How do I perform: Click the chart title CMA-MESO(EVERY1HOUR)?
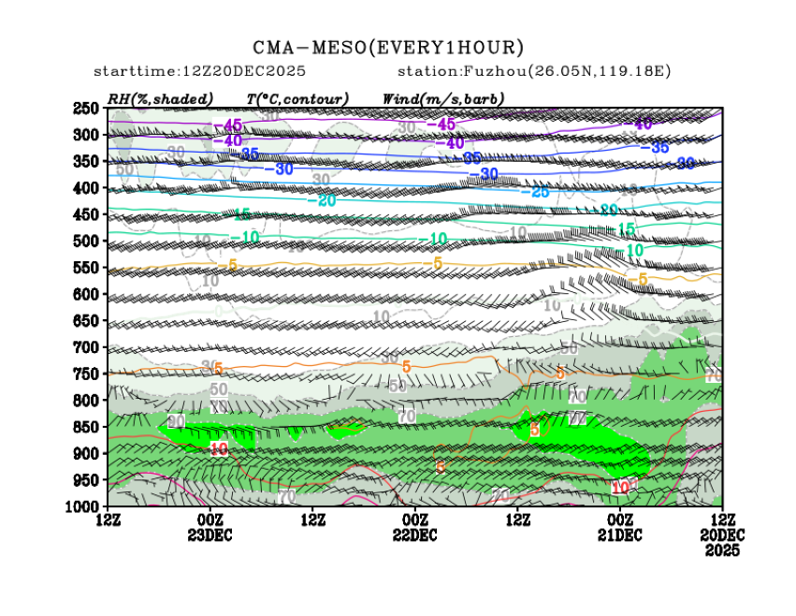(x=388, y=48)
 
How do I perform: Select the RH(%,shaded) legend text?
(x=160, y=98)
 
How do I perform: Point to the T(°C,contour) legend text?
(x=297, y=98)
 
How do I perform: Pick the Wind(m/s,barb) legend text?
(x=443, y=98)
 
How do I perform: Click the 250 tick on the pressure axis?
(x=86, y=109)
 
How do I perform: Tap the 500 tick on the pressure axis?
(x=86, y=241)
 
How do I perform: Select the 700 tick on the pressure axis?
(x=86, y=347)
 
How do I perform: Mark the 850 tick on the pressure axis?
(x=86, y=427)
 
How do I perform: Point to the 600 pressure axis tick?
(x=86, y=294)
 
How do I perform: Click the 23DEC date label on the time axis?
(x=210, y=535)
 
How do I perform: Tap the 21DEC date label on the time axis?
(x=619, y=535)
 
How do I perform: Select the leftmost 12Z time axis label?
(x=107, y=521)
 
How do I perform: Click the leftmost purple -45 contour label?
(x=228, y=125)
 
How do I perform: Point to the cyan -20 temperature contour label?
(x=326, y=200)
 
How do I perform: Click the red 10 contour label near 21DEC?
(x=620, y=488)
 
